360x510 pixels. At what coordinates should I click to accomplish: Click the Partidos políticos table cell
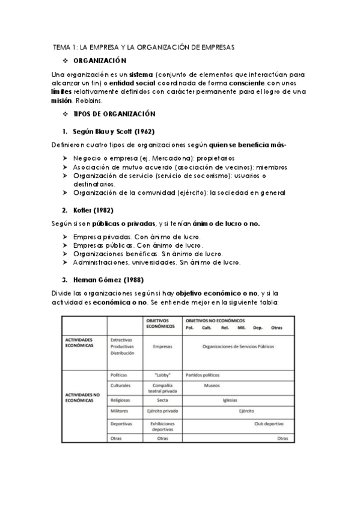point(203,374)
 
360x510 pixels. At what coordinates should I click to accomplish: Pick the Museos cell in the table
point(212,386)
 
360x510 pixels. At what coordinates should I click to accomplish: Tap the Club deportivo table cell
point(269,424)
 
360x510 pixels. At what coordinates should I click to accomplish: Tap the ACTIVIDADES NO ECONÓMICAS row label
point(84,396)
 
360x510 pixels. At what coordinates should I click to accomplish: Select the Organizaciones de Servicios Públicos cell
point(238,346)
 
